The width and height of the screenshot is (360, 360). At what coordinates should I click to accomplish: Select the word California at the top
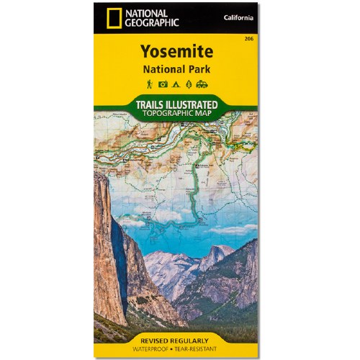(238, 17)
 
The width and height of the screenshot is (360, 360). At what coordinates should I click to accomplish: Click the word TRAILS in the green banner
(153, 104)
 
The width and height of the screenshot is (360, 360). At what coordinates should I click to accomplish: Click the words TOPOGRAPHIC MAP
(176, 114)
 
